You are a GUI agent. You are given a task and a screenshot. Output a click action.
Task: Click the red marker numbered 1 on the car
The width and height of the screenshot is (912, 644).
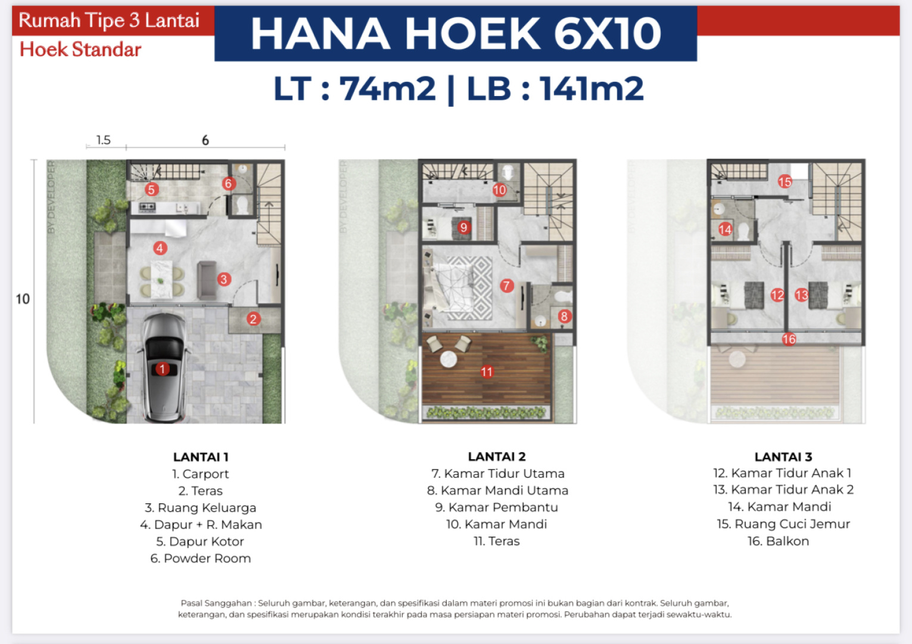tap(163, 369)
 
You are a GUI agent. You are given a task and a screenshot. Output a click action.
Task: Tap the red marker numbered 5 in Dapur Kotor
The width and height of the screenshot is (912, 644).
tap(151, 189)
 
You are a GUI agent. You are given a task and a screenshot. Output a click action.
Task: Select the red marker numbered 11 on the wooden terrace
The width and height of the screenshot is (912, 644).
tap(487, 371)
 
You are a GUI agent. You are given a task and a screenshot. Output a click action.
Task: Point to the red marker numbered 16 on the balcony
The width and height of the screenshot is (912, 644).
tap(789, 339)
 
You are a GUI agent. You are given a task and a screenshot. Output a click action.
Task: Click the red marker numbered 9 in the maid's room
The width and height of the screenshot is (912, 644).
tap(463, 227)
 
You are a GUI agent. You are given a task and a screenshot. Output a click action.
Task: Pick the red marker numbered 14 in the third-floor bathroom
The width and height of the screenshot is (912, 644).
tap(725, 229)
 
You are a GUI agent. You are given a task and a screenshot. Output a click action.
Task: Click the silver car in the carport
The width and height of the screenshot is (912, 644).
tap(163, 367)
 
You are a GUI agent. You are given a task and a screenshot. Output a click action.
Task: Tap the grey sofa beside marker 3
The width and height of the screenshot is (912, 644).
tap(207, 280)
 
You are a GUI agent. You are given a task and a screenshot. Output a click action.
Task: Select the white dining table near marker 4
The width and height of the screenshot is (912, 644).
tap(161, 279)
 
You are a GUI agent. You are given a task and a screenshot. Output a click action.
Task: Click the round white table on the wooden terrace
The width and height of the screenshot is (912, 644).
tap(449, 359)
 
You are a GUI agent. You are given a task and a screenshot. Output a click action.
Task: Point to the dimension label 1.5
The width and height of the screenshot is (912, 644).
tap(104, 140)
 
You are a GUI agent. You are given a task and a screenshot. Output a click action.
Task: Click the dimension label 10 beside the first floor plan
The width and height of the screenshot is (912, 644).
tap(23, 299)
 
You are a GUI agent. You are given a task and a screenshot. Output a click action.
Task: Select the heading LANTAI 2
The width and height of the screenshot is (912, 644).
tap(497, 457)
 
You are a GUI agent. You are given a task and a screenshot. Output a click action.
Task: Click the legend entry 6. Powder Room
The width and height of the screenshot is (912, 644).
tap(201, 558)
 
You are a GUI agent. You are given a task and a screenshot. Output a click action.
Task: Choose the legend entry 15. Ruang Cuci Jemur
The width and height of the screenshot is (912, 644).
tap(783, 524)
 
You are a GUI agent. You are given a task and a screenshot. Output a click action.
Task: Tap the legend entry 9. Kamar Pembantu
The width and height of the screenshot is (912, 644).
tap(497, 507)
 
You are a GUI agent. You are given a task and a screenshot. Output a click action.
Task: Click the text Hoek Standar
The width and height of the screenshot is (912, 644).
tap(80, 49)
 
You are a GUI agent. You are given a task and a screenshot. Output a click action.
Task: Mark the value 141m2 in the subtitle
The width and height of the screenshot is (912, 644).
tap(592, 88)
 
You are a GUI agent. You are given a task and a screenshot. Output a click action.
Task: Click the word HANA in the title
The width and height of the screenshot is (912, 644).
tap(320, 33)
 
